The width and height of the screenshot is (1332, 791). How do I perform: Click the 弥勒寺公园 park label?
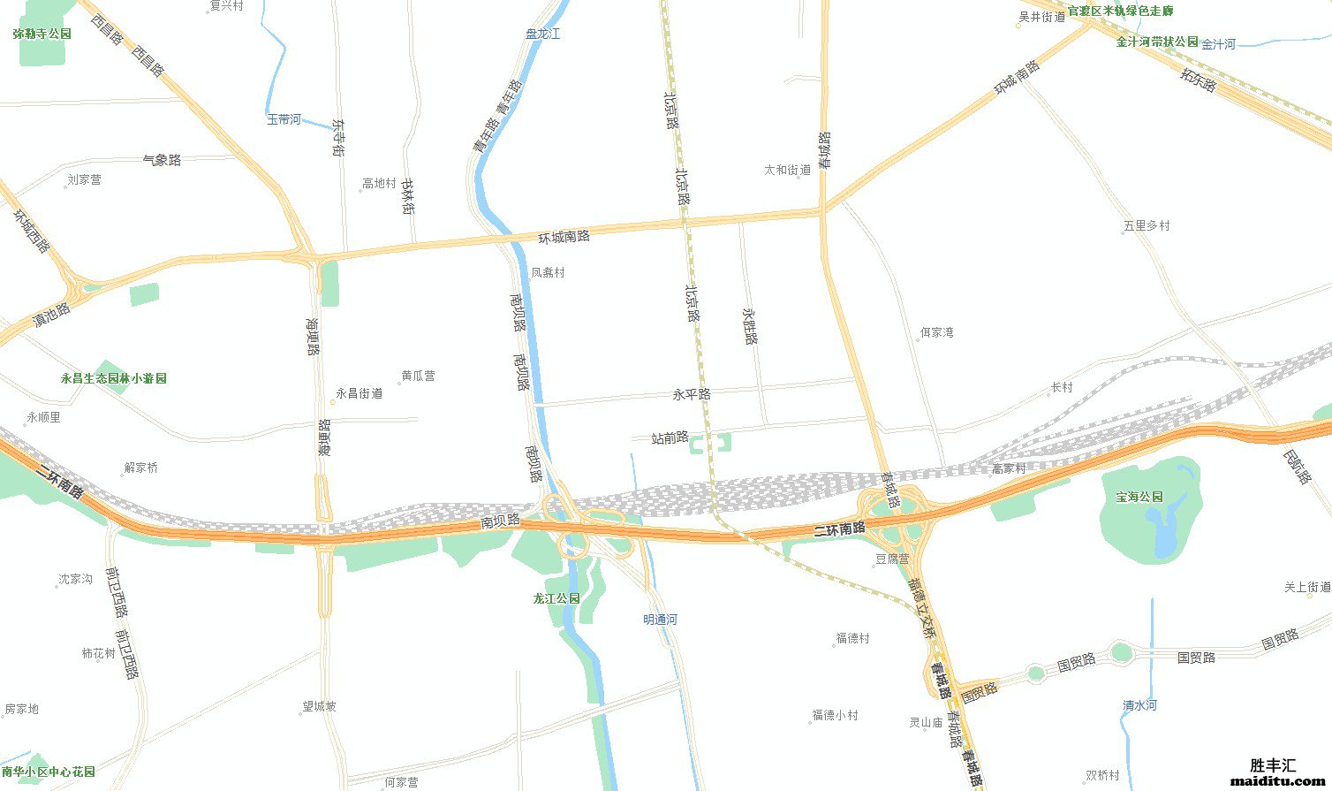point(42,34)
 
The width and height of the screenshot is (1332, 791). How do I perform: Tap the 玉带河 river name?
point(284,119)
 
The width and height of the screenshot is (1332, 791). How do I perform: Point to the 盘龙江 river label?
point(542,34)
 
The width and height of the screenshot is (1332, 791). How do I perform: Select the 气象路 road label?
point(162,160)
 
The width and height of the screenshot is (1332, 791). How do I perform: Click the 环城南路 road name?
point(564,237)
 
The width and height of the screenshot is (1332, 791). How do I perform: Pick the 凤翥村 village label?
point(548,272)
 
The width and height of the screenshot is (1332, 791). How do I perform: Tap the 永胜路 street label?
point(751,325)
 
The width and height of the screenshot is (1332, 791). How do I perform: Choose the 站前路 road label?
point(670,437)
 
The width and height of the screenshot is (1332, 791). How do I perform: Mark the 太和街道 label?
point(787,170)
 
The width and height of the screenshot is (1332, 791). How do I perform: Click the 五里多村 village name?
point(1147,225)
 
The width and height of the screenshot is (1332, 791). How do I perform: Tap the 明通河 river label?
point(660,620)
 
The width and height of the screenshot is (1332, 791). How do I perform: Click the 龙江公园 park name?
point(556,598)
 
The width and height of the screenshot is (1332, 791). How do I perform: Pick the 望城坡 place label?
point(319,706)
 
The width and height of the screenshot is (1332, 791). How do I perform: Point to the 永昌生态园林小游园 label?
point(113,378)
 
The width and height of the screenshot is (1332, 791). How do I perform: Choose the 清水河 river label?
point(1139,705)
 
